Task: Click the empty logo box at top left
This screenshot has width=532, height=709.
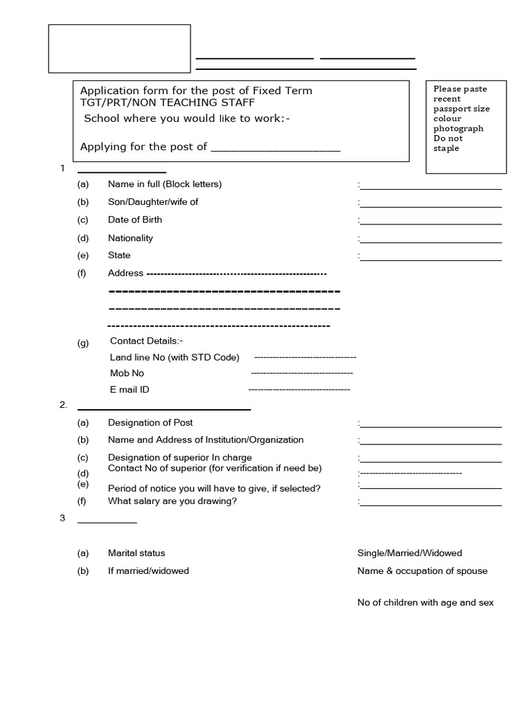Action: pyautogui.click(x=119, y=48)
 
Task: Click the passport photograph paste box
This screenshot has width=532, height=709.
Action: pyautogui.click(x=465, y=126)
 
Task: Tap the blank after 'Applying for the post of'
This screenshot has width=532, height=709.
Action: pyautogui.click(x=275, y=148)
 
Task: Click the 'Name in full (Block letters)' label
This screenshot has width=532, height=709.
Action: pyautogui.click(x=165, y=184)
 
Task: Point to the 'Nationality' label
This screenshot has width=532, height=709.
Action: pyautogui.click(x=130, y=238)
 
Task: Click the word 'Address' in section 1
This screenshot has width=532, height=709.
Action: pyautogui.click(x=125, y=273)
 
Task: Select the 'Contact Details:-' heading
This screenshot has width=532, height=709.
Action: pyautogui.click(x=146, y=341)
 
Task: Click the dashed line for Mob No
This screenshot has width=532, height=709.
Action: pyautogui.click(x=301, y=374)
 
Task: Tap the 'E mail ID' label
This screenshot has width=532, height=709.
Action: pyautogui.click(x=130, y=390)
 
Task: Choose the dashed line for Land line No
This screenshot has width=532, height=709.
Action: pyautogui.click(x=305, y=357)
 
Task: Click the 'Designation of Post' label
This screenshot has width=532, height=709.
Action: pyautogui.click(x=150, y=422)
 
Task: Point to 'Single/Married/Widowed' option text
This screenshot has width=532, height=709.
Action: pyautogui.click(x=409, y=553)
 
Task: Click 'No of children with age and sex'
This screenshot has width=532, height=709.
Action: pyautogui.click(x=425, y=603)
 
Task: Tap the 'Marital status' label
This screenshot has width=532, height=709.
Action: pyautogui.click(x=136, y=553)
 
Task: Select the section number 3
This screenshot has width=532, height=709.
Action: pyautogui.click(x=62, y=519)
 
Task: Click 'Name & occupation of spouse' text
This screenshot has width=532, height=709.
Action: pyautogui.click(x=422, y=571)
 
